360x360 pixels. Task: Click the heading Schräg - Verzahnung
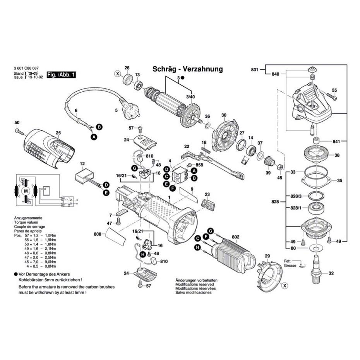(x=187, y=69)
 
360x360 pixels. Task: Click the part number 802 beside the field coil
(x=235, y=237)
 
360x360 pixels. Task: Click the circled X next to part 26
(x=117, y=74)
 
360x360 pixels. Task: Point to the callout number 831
(x=254, y=70)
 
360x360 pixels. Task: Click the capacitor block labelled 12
(x=85, y=176)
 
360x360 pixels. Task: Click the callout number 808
(x=98, y=234)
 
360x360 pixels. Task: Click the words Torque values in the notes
(x=25, y=222)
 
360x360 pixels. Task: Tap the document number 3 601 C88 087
(x=27, y=69)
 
